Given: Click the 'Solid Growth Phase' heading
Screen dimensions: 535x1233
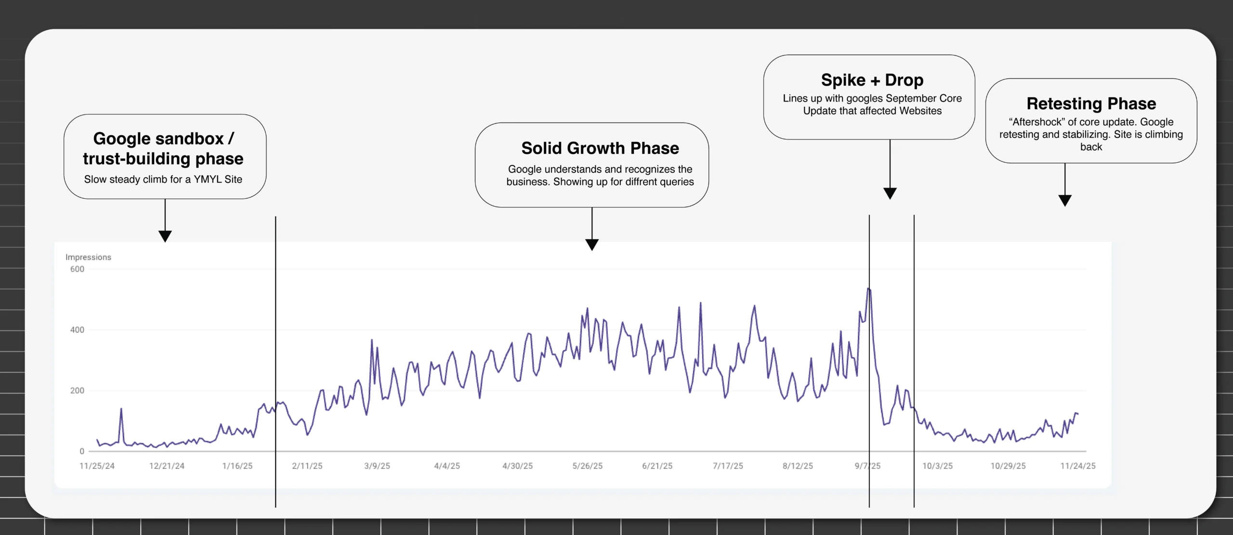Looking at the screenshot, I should [600, 148].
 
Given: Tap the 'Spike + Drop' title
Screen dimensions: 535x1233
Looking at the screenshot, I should [872, 80].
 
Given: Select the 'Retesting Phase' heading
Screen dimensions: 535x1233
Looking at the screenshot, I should [1091, 103].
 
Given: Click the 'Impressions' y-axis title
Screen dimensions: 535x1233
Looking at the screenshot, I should [88, 257].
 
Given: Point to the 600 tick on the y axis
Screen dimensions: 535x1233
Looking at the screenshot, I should [77, 269].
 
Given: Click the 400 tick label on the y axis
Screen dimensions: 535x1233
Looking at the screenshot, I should [77, 330].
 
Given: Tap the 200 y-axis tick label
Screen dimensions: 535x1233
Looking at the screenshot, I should [77, 391].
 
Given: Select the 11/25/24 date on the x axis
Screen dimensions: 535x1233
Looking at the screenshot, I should [97, 466].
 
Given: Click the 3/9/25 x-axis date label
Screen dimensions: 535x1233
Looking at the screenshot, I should [377, 466].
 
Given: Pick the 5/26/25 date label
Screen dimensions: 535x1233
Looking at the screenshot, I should [587, 466].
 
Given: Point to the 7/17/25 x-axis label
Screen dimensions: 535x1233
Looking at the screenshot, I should [728, 466].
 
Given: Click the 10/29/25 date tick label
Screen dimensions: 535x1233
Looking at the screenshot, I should [1008, 466].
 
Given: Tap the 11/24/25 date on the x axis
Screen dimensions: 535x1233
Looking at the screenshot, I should [1078, 466].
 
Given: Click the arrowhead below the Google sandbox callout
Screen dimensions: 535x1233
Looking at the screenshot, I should [165, 236].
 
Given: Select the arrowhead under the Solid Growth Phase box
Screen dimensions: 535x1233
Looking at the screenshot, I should [592, 244].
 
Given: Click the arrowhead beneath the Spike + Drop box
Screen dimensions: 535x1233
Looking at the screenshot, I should [890, 193].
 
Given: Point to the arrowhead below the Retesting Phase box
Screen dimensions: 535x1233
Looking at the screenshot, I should [1065, 201].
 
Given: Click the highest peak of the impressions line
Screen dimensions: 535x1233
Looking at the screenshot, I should [868, 289].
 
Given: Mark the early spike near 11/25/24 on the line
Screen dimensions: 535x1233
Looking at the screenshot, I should [121, 409].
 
